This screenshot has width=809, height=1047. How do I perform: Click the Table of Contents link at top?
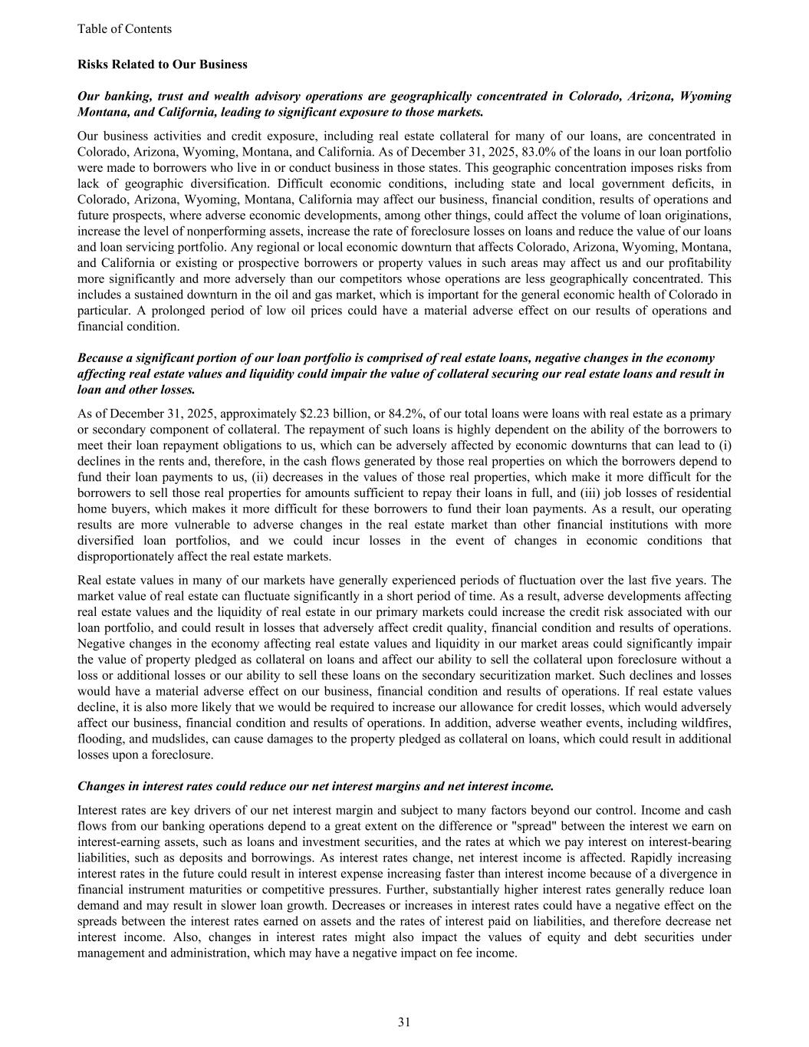(124, 29)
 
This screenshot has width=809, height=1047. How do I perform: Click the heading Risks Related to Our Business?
(162, 64)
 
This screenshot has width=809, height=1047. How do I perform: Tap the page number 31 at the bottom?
(404, 1022)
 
